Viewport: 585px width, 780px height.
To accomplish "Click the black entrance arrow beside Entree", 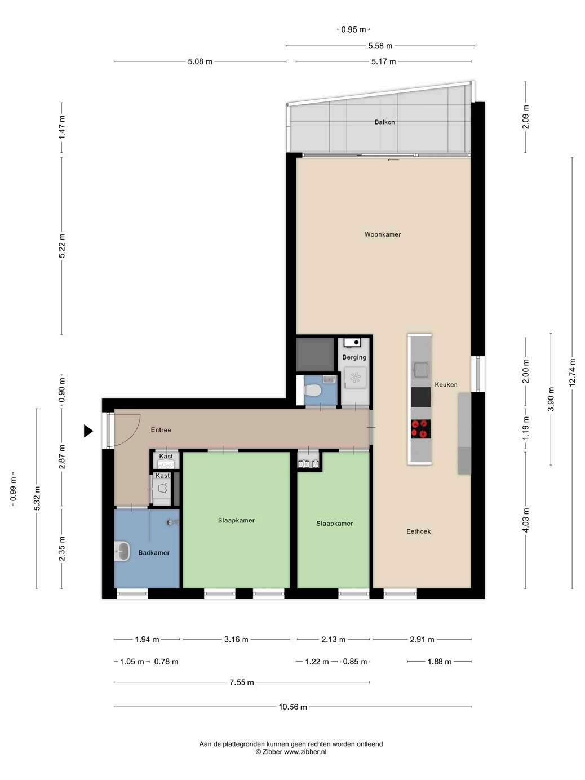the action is pos(88,431).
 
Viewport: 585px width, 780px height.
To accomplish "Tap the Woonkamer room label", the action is pos(383,234).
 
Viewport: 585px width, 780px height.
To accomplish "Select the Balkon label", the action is pos(385,122).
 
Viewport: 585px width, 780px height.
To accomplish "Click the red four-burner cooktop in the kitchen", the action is pos(421,429).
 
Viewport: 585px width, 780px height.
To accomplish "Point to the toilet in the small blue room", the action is pos(313,391).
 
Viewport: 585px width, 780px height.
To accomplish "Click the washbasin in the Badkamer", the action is pos(122,552).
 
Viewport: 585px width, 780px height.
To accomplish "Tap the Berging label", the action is pos(354,357).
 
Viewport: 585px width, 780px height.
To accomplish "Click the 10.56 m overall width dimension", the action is pos(292,707).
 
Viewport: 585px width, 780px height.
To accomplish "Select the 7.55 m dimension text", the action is pos(242,682).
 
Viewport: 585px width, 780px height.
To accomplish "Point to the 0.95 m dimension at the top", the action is pos(353,29).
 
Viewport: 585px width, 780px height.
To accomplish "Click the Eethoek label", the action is pos(418,531).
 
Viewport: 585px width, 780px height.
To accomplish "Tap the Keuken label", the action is pos(446,384).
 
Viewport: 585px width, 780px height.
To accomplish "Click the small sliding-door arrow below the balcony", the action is pos(393,160).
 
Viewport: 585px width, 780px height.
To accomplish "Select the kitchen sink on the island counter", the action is pos(421,370).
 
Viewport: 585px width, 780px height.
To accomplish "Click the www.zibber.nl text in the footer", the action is pos(305,752).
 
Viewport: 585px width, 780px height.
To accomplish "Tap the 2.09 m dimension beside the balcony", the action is pos(526,117).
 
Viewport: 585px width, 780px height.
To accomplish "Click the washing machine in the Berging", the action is pos(355,378).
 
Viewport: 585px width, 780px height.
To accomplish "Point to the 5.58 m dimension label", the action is pos(380,46).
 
